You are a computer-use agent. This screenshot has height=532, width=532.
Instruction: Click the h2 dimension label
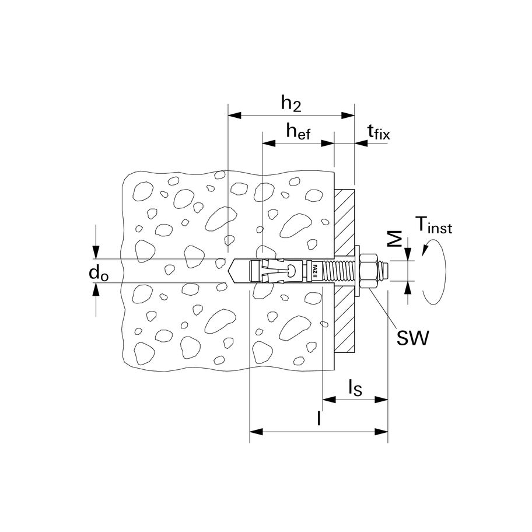(290, 103)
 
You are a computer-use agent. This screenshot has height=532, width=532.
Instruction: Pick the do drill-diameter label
(100, 272)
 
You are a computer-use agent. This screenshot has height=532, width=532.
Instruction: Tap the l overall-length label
(318, 419)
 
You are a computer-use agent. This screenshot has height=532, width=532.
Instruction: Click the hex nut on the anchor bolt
(370, 271)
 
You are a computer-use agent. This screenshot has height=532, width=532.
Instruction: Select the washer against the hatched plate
(357, 271)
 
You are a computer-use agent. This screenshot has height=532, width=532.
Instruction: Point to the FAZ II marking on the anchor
(314, 271)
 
